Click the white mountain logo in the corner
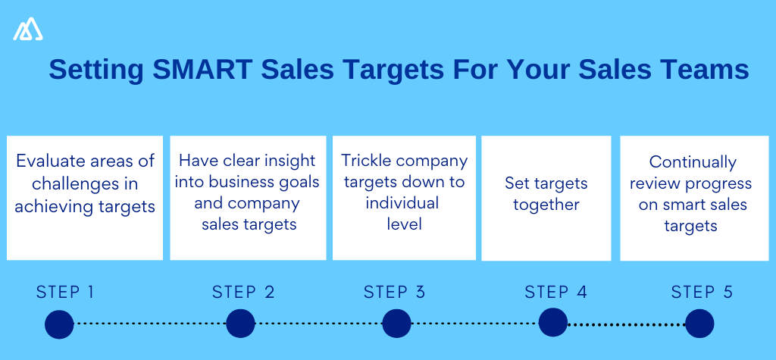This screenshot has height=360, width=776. click(28, 29)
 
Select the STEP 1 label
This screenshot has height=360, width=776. click(65, 292)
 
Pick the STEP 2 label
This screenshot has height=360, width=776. click(243, 292)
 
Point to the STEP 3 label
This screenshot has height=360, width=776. click(394, 292)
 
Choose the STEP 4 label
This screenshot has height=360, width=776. click(555, 292)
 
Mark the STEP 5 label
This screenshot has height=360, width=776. click(702, 292)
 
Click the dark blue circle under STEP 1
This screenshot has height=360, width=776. click(59, 324)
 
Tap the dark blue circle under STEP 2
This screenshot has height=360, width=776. click(241, 324)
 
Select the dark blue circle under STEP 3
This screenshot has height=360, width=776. click(396, 324)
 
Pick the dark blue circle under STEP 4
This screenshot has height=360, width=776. click(553, 323)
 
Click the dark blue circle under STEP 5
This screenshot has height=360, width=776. click(699, 324)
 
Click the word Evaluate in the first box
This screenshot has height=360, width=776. click(48, 161)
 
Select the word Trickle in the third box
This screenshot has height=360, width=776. click(366, 161)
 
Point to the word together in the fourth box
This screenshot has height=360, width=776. click(546, 205)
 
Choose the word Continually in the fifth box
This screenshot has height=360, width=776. click(693, 162)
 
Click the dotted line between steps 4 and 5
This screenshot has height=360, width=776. click(626, 324)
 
